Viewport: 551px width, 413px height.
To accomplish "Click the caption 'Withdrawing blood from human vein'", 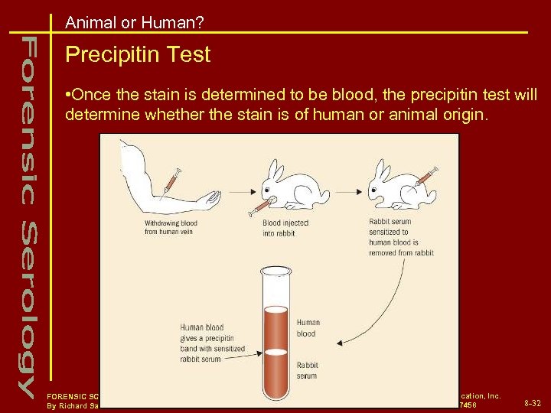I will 171,227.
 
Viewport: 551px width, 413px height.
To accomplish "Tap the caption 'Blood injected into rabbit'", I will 285,227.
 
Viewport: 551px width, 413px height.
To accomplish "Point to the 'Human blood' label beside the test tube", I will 308,328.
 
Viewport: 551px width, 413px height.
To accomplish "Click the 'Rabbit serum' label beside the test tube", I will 308,371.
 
